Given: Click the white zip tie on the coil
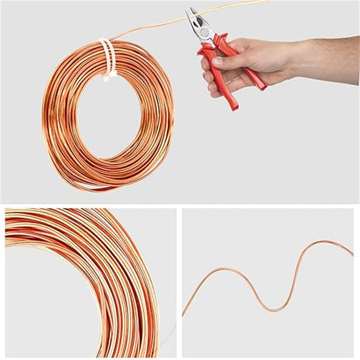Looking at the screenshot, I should click(x=106, y=54).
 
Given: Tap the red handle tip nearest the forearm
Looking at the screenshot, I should click(x=262, y=87).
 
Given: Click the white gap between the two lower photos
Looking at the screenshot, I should click(x=179, y=282).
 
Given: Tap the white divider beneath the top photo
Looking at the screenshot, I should click(x=180, y=205).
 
